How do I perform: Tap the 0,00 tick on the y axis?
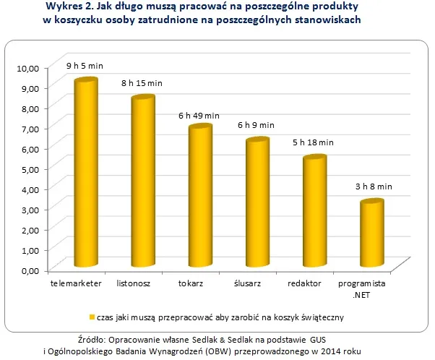point(29,270)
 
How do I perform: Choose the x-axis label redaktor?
point(303,284)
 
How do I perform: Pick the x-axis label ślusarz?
point(246,284)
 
